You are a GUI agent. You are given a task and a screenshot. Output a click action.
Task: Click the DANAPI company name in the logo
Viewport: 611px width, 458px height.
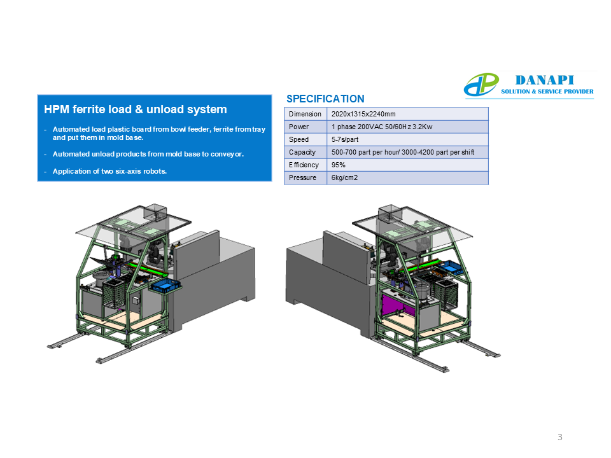(544, 80)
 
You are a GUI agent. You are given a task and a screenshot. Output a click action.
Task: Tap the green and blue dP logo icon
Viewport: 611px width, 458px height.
(481, 85)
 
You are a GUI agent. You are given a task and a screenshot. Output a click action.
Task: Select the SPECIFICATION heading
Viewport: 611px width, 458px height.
(325, 99)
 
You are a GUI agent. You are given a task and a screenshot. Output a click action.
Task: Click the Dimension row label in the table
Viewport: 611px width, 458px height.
(305, 114)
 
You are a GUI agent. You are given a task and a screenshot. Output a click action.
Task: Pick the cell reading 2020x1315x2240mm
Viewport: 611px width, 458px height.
(363, 114)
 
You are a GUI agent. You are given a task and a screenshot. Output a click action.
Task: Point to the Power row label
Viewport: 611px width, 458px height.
(298, 127)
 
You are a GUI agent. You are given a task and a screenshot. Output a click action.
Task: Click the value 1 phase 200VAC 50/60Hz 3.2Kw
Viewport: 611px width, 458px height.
(382, 127)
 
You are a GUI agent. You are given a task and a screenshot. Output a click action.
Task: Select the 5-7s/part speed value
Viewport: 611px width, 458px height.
(345, 139)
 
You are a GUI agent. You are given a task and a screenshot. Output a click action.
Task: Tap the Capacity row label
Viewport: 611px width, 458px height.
(302, 152)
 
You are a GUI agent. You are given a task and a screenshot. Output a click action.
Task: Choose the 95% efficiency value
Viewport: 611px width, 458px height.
(338, 165)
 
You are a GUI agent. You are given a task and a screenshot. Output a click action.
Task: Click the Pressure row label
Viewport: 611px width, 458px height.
(302, 177)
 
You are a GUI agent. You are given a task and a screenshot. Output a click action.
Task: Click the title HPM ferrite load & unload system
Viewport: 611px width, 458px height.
(135, 109)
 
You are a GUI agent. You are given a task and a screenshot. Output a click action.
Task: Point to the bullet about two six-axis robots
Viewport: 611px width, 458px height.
(109, 171)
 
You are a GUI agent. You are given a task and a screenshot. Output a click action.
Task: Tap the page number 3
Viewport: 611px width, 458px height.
(560, 437)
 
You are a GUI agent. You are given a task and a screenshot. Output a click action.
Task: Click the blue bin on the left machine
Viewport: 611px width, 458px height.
(166, 286)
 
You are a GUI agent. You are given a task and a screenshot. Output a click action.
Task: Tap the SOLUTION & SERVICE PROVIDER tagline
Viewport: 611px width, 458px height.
(547, 92)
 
